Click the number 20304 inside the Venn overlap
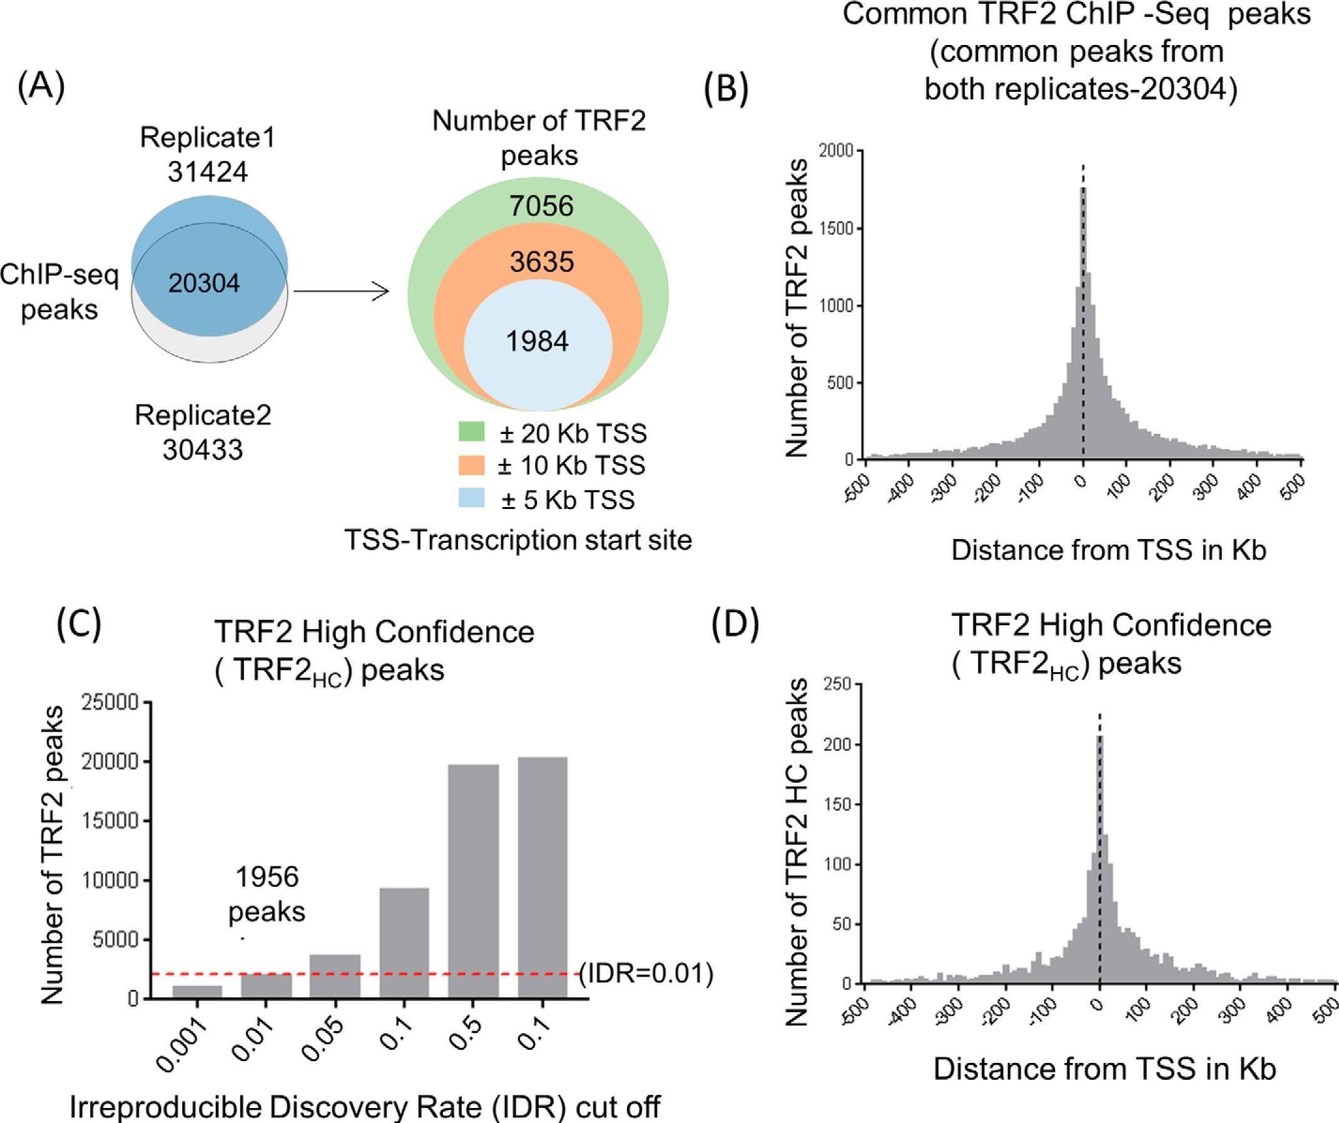pyautogui.click(x=204, y=283)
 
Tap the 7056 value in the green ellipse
pyautogui.click(x=541, y=206)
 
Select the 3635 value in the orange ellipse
pyautogui.click(x=541, y=261)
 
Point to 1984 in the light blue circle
pyautogui.click(x=537, y=341)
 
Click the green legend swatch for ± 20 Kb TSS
pyautogui.click(x=471, y=431)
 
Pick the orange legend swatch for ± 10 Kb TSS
pyautogui.click(x=471, y=465)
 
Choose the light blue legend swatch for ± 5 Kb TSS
pyautogui.click(x=471, y=498)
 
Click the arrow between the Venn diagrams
pyautogui.click(x=341, y=293)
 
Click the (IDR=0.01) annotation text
pyautogui.click(x=646, y=973)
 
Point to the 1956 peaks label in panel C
pyautogui.click(x=267, y=895)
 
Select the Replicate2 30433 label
pyautogui.click(x=203, y=432)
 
